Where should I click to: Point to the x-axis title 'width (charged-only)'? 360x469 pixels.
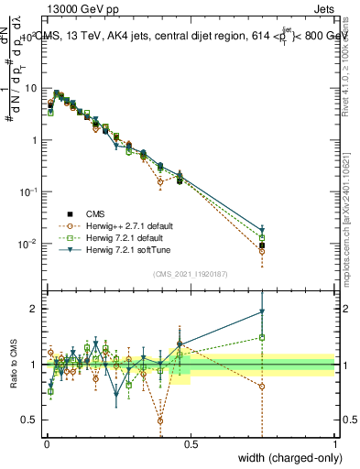point(285,458)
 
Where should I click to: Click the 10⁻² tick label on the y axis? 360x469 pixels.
point(30,245)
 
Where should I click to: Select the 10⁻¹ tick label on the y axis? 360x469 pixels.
point(30,192)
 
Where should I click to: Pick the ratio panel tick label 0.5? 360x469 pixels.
point(32,420)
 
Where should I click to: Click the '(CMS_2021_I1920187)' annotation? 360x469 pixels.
point(190,274)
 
